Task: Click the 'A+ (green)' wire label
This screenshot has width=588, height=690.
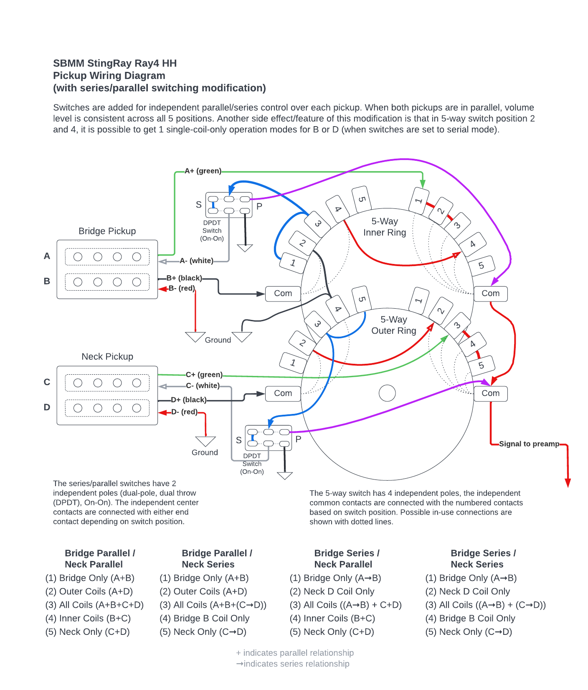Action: point(203,171)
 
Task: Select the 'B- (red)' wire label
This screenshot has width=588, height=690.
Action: point(182,288)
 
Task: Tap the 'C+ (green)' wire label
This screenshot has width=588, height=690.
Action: point(204,375)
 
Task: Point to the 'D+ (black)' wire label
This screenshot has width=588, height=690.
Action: point(189,400)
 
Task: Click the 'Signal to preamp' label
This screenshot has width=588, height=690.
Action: point(529,444)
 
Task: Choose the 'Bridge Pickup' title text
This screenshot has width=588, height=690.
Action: point(107,231)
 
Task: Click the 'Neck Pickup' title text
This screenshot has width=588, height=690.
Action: point(107,357)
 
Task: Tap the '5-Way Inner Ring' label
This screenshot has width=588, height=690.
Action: point(385,227)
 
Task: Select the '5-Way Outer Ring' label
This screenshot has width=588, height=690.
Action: point(394,325)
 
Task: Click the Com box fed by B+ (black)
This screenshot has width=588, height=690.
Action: point(283,294)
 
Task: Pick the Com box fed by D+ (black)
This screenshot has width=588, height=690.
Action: point(283,393)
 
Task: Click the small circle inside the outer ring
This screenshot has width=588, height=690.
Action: point(387,393)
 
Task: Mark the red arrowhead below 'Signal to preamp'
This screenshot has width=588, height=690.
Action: point(568,483)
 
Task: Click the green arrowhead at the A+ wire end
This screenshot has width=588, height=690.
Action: point(423,184)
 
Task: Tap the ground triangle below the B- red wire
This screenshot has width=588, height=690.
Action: point(195,337)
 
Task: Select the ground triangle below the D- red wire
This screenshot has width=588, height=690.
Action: point(205,441)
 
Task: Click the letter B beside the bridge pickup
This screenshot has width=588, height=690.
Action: point(47,281)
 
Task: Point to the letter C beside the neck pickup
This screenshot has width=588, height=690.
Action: point(47,382)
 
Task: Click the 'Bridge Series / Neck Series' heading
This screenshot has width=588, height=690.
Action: point(483,559)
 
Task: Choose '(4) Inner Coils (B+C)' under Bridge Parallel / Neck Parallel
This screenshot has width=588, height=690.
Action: point(88,619)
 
